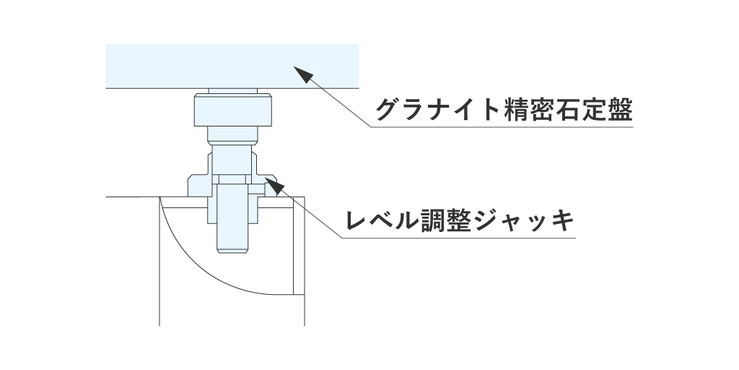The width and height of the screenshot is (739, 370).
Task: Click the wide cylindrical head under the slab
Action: [x=232, y=111]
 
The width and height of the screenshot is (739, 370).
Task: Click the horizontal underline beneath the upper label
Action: [x=505, y=128]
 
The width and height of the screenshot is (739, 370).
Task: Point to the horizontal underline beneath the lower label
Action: [x=462, y=237]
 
